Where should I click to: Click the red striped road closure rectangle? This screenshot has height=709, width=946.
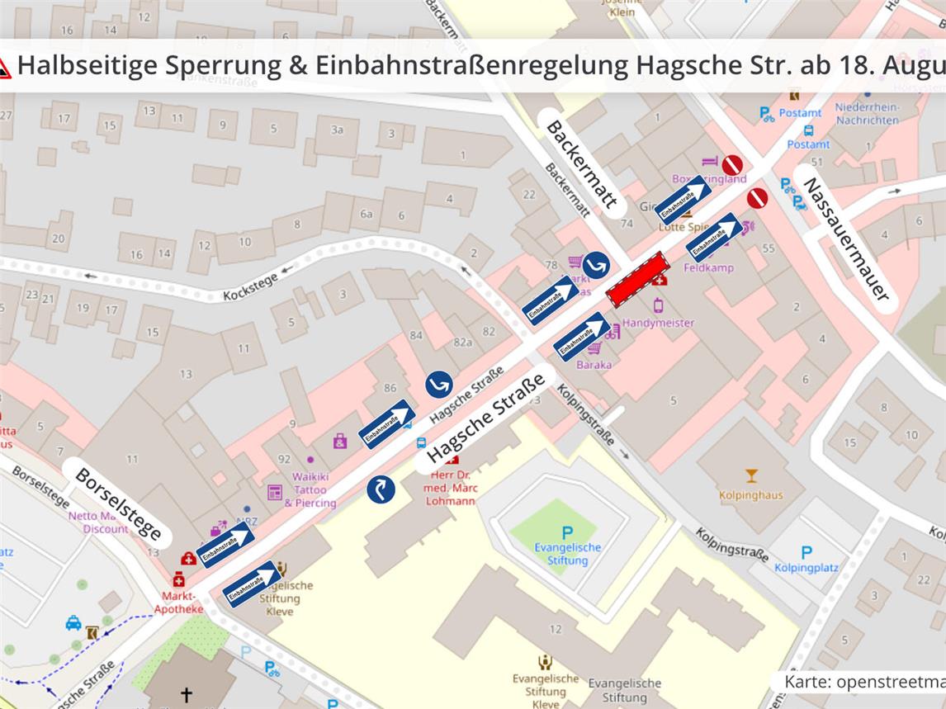[x=637, y=279]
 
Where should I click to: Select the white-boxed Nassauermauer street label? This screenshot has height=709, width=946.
[x=845, y=238]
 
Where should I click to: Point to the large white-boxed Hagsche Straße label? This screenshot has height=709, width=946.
[x=486, y=421]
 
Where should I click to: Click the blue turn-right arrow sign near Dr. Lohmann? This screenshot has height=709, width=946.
[x=381, y=489]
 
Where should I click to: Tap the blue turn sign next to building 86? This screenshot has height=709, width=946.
[x=439, y=384]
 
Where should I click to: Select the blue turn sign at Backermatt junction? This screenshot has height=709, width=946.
[x=596, y=265]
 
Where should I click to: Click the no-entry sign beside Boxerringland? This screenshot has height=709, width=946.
[x=731, y=165]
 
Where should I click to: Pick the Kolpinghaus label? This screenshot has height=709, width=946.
[x=750, y=494]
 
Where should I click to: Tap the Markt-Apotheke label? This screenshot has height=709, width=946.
[x=178, y=602]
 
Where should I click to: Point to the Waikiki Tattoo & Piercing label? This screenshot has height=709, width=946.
[x=310, y=489]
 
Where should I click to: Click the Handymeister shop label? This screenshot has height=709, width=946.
[x=658, y=323]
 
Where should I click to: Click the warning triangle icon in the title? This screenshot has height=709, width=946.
[x=4, y=67]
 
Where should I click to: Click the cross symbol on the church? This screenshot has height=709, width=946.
[x=187, y=695]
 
